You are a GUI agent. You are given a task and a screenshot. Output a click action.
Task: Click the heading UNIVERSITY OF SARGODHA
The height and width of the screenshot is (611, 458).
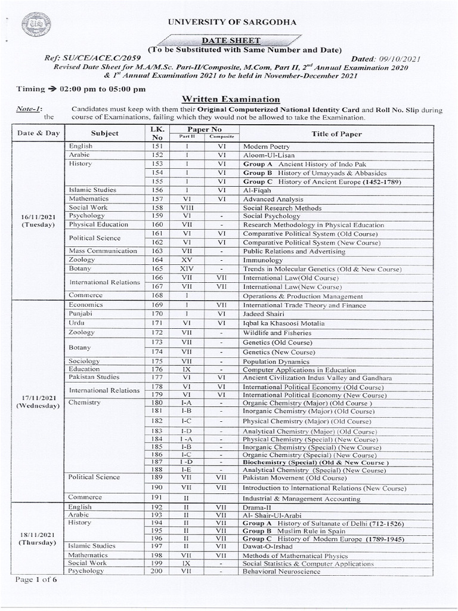[223, 22]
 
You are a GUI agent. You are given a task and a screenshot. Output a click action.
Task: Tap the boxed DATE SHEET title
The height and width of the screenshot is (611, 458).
[222, 39]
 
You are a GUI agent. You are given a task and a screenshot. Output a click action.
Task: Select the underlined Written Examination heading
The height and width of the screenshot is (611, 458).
[222, 100]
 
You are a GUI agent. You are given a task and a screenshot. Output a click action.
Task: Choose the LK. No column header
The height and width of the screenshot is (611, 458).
[157, 133]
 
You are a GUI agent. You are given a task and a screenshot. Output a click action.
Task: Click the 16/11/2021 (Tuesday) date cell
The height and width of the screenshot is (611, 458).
[38, 220]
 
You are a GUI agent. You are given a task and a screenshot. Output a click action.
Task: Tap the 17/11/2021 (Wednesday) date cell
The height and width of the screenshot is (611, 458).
[38, 401]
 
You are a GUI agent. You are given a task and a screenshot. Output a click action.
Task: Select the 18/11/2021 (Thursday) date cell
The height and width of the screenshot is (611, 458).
[38, 538]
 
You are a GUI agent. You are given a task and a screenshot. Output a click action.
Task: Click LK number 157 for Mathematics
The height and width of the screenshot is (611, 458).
[157, 199]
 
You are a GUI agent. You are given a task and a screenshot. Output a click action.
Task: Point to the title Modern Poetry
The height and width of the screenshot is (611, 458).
[266, 146]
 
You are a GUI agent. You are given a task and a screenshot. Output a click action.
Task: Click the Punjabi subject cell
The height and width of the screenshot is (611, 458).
[81, 314]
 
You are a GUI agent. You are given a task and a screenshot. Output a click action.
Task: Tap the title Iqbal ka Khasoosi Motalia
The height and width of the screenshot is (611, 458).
[283, 323]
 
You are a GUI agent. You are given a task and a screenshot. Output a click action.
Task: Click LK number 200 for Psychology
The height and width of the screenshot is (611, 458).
[157, 572]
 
